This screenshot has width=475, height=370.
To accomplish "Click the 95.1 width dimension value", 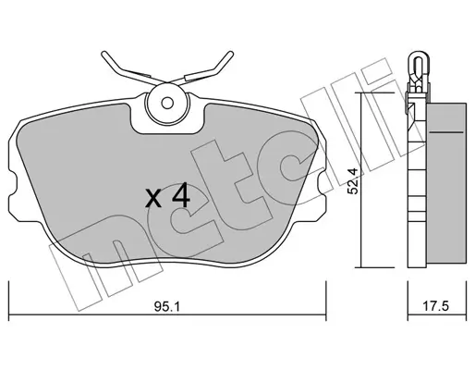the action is click(x=166, y=306).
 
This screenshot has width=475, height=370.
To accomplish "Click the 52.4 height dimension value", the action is click(x=353, y=180).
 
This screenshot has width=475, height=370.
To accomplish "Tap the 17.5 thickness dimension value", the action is click(x=435, y=306).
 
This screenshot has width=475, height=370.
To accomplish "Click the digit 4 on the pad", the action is click(x=180, y=195).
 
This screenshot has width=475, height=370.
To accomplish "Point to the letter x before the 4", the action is click(x=153, y=198).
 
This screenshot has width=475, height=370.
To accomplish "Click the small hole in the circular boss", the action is click(x=167, y=104).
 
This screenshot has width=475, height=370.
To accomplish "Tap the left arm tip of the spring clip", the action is click(x=104, y=54).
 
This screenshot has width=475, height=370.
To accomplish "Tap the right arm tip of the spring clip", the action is click(x=230, y=54).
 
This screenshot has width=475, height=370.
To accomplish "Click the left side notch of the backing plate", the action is click(x=12, y=186).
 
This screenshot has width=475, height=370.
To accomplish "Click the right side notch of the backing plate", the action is click(x=322, y=186).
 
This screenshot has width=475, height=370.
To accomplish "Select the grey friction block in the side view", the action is click(x=446, y=185).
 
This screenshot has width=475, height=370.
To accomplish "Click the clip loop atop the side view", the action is click(x=418, y=63).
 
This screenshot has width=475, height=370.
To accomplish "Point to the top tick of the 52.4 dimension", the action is click(x=374, y=92).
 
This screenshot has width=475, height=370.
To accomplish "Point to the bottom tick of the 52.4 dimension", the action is click(x=374, y=267).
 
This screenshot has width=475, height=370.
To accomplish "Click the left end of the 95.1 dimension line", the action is click(x=9, y=314).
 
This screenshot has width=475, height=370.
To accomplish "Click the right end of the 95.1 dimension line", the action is click(x=326, y=314).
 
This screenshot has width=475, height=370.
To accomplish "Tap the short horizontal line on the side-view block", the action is click(x=446, y=132).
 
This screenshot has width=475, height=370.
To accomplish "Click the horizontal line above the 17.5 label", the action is click(x=437, y=314).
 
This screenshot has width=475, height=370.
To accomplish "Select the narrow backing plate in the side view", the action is click(x=417, y=185).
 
